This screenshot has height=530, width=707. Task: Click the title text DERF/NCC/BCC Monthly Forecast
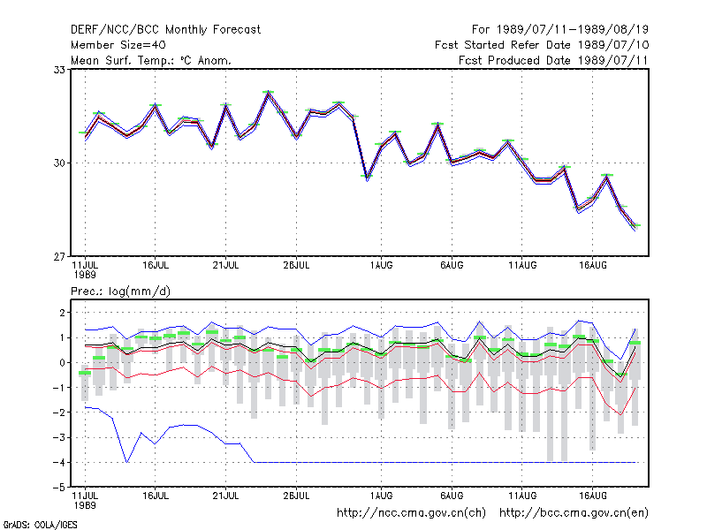pos(165,30)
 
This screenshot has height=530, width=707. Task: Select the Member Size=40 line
pos(118,45)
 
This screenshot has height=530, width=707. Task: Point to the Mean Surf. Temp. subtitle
pos(151,60)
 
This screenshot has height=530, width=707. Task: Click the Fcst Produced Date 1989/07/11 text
pos(553,60)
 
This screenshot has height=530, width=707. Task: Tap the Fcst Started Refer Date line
pos(542,45)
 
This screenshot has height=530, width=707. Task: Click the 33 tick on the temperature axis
pos(59,70)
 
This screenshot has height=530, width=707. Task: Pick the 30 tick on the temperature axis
pos(59,163)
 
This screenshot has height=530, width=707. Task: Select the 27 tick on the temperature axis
pos(59,257)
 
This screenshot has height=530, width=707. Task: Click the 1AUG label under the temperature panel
pos(382,266)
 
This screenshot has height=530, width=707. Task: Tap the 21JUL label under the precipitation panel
pos(225,496)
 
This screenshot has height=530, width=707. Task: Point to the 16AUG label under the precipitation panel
pos(592,496)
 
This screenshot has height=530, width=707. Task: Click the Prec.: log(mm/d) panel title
pos(120,291)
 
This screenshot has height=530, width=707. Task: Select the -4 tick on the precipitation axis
pos(59,462)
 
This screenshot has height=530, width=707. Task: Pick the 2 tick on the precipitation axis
pos(62,313)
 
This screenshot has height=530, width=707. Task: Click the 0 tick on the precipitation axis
pos(62,363)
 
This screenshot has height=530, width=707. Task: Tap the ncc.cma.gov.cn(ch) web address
pos(411,513)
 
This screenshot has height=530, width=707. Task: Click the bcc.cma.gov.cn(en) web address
pos(574,513)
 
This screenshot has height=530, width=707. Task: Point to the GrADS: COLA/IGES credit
pos(40,525)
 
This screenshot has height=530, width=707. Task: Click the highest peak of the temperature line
pos(269,93)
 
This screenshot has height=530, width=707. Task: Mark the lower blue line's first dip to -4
pos(127,462)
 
